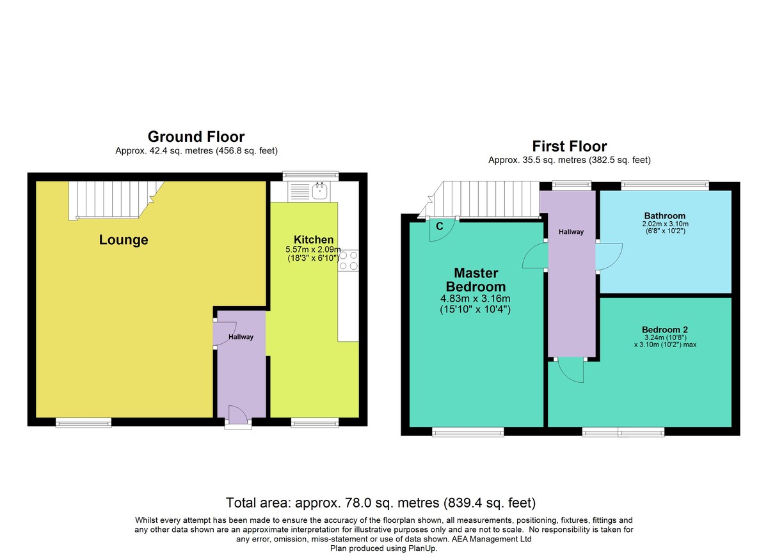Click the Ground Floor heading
pyautogui.click(x=196, y=137)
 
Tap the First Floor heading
pyautogui.click(x=570, y=146)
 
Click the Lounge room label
pyautogui.click(x=124, y=240)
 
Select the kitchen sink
pyautogui.click(x=320, y=191)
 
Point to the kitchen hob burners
pyautogui.click(x=348, y=261)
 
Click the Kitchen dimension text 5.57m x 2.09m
pyautogui.click(x=313, y=249)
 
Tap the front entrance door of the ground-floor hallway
pyautogui.click(x=237, y=415)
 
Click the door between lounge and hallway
pyautogui.click(x=225, y=333)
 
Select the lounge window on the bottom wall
pyautogui.click(x=84, y=422)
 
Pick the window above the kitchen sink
pyautogui.click(x=310, y=176)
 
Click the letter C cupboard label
pyautogui.click(x=440, y=226)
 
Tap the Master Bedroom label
pyautogui.click(x=476, y=280)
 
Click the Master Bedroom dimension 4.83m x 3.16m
pyautogui.click(x=475, y=298)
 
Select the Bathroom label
pyautogui.click(x=665, y=215)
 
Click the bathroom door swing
pyautogui.click(x=609, y=256)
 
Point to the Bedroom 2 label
pyautogui.click(x=665, y=330)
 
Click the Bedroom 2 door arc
pyautogui.click(x=570, y=371)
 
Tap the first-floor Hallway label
pyautogui.click(x=571, y=232)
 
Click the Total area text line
pyautogui.click(x=381, y=503)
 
